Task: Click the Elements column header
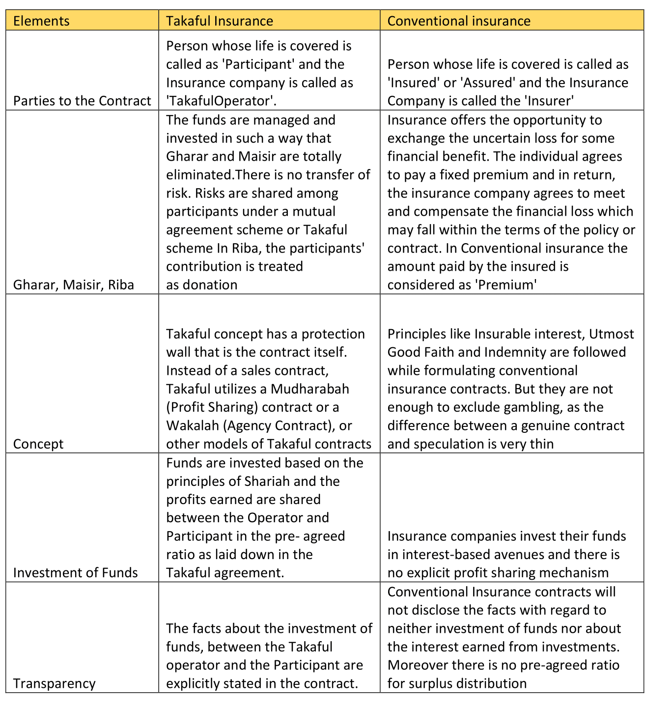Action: tap(41, 21)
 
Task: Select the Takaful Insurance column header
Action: tap(219, 21)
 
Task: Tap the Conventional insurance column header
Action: tap(459, 21)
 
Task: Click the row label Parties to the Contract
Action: tap(82, 101)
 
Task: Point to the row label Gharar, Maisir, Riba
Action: tap(73, 285)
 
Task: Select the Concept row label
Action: tap(38, 444)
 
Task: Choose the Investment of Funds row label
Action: tap(75, 573)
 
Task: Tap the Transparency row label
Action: tap(54, 683)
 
